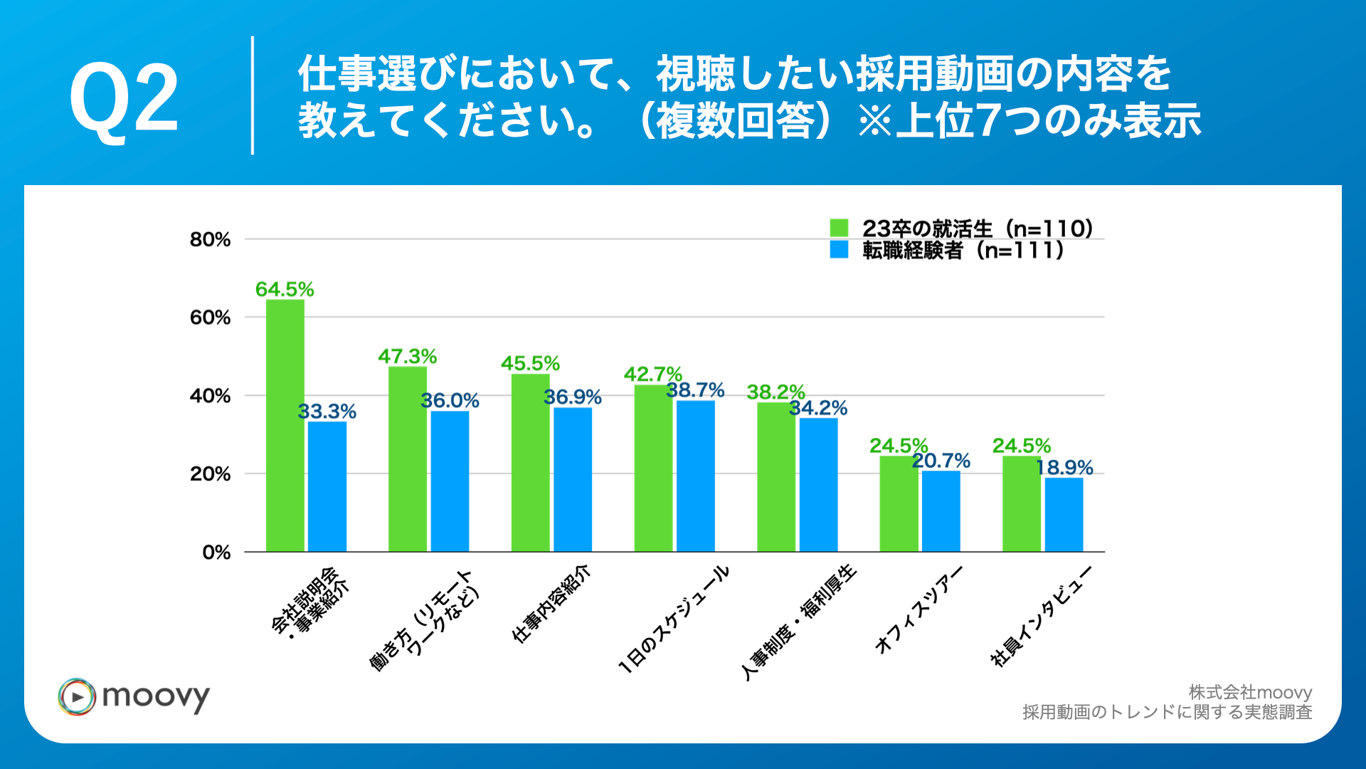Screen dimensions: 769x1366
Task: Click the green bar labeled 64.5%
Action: click(x=285, y=425)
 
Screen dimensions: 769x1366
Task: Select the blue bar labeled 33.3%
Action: click(x=327, y=486)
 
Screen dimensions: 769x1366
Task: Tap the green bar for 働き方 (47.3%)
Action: click(x=407, y=459)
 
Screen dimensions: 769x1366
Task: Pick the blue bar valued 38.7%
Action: click(x=695, y=476)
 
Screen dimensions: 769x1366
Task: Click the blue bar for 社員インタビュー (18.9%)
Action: click(x=1064, y=514)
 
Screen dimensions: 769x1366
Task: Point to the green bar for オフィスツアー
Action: click(x=899, y=503)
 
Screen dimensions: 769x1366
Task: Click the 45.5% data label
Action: click(x=530, y=363)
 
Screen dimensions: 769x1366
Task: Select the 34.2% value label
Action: click(x=818, y=408)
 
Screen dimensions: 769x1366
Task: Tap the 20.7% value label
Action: click(x=941, y=461)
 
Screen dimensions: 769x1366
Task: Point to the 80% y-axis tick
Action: click(x=210, y=240)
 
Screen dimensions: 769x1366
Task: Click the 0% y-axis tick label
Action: click(x=216, y=553)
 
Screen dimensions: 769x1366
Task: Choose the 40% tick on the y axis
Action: click(x=210, y=396)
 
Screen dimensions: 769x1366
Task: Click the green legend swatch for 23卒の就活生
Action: click(x=839, y=228)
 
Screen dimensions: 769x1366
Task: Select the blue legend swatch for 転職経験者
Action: click(x=839, y=250)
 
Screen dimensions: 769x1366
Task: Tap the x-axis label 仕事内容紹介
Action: click(x=551, y=604)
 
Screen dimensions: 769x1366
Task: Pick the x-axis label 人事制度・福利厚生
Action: click(x=798, y=622)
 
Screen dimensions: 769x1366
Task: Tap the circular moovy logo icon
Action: click(x=77, y=696)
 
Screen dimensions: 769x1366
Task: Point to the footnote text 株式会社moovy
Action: click(x=1250, y=692)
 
